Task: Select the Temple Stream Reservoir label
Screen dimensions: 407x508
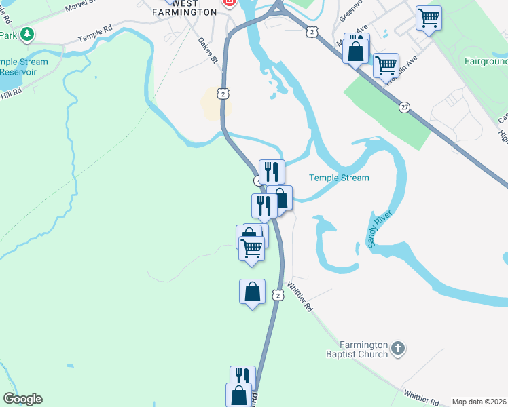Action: tap(24, 66)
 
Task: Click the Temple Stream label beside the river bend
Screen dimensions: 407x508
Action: tap(339, 178)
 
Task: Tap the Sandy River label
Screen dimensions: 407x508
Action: tap(381, 233)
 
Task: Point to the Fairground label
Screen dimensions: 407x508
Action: tap(486, 61)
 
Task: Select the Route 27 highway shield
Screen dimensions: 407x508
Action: tap(404, 108)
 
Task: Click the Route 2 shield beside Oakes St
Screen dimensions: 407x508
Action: tap(223, 93)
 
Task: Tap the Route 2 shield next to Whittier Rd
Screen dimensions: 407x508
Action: tap(277, 295)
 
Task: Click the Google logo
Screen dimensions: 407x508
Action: tap(22, 399)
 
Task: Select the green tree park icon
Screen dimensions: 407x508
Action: tap(27, 33)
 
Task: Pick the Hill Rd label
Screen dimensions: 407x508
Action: tap(11, 90)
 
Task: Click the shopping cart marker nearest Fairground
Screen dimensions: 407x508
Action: tap(429, 18)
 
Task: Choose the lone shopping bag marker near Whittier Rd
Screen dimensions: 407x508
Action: tap(252, 292)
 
